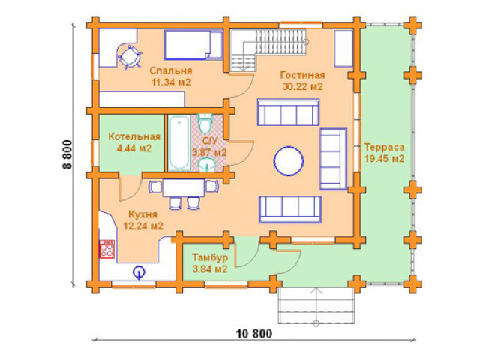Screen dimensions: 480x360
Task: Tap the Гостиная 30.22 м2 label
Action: pos(302,81)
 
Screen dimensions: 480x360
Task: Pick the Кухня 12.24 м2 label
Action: pos(143,220)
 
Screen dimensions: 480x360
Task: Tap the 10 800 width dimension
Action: pos(254,333)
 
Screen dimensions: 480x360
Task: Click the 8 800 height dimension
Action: pos(67,154)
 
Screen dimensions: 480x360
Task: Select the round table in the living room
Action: pos(289,161)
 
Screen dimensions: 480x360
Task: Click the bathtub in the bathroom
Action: pos(178,143)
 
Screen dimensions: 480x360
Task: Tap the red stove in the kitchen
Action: pos(106,249)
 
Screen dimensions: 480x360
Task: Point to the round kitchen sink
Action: pos(139,271)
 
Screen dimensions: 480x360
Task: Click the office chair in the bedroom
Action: pos(130,57)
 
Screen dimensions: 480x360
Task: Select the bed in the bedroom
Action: pos(193,44)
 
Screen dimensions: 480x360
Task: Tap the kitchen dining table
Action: pos(184,188)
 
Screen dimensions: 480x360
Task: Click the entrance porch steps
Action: pos(316,305)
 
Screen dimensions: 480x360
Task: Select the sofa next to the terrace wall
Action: pos(334,159)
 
